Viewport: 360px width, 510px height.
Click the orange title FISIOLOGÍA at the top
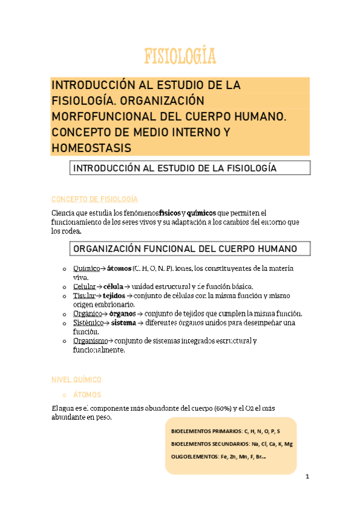click(x=180, y=57)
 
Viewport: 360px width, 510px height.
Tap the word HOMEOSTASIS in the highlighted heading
click(x=90, y=147)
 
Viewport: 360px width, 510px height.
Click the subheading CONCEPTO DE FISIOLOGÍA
click(x=95, y=199)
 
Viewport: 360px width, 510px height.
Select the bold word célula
click(x=113, y=286)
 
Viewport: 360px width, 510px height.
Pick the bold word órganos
click(x=122, y=314)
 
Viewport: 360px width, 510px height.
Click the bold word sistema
click(x=124, y=323)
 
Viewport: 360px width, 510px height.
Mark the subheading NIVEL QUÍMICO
click(x=77, y=379)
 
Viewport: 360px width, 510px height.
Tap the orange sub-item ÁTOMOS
click(x=87, y=395)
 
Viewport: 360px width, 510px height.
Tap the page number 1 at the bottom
click(x=307, y=478)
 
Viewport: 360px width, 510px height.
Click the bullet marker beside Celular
click(x=64, y=287)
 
